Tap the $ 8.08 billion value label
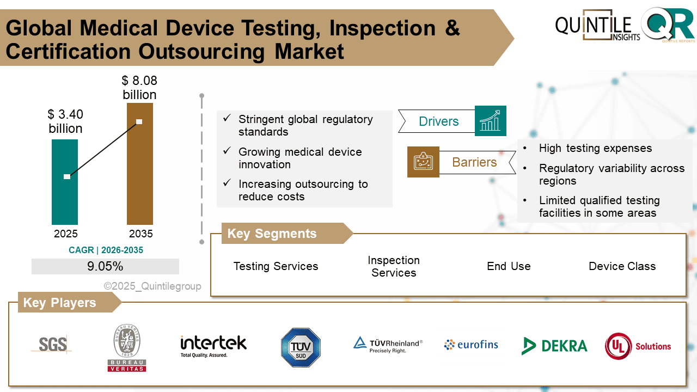coord(139,88)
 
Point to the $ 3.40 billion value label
coord(65,121)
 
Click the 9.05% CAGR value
coord(105,267)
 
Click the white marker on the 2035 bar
coord(139,121)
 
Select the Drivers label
coord(438,121)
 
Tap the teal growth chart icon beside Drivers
coord(491,121)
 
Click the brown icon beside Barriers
coord(423,162)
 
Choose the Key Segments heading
coord(272,234)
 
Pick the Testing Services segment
coord(276,266)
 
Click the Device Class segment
coord(622,266)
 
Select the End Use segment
coord(509,266)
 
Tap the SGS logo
coord(52,344)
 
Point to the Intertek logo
coord(213,345)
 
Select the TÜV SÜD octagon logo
coord(301,347)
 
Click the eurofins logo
coord(471,345)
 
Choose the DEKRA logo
coord(554,346)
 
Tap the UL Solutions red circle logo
coord(618,346)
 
